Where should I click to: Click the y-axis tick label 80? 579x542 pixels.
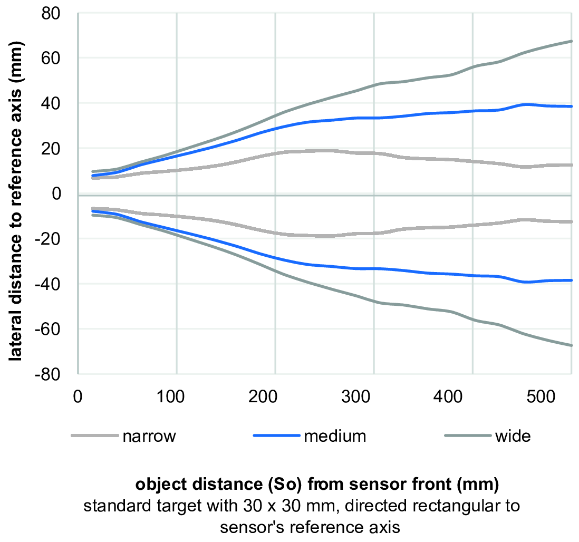tap(51, 14)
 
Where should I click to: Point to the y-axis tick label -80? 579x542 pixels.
tap(47, 374)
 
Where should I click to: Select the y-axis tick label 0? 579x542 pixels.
tap(56, 194)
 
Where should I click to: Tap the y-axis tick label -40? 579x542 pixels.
tap(47, 284)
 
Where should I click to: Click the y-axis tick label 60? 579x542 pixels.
tap(51, 59)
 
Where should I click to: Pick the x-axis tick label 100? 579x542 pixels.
tap(170, 397)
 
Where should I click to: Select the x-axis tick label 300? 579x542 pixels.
tap(355, 397)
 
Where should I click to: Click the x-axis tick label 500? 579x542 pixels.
tap(541, 397)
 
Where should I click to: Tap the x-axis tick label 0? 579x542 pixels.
tap(78, 397)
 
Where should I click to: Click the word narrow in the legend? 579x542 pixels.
tap(149, 437)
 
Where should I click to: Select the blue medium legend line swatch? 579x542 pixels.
tap(276, 436)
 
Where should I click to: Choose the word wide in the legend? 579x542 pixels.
tap(513, 436)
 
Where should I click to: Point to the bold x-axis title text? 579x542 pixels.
tap(317, 484)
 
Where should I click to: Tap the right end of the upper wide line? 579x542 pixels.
tap(572, 41)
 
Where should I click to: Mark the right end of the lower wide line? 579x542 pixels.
tap(572, 345)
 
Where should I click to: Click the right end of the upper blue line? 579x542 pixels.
tap(572, 107)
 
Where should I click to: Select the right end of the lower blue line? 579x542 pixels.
tap(572, 280)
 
